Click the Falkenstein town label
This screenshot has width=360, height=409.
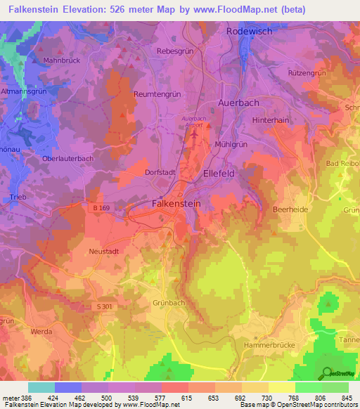click(176, 203)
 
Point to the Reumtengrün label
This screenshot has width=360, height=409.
click(156, 93)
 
